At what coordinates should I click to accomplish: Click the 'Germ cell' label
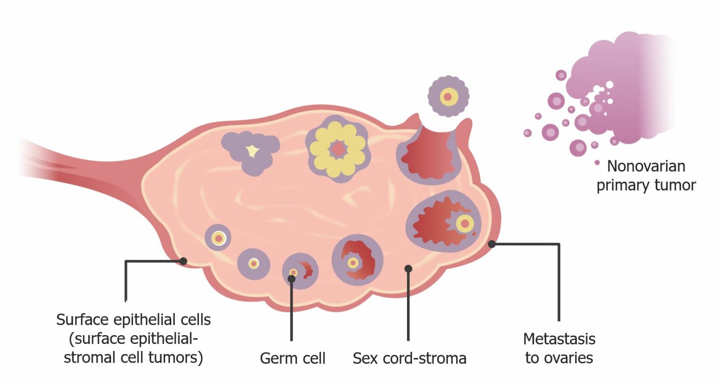pyautogui.click(x=292, y=358)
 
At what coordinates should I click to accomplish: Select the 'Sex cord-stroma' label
pyautogui.click(x=409, y=358)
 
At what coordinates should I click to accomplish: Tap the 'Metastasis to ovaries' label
pyautogui.click(x=559, y=348)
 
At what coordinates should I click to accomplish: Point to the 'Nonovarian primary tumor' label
pyautogui.click(x=646, y=176)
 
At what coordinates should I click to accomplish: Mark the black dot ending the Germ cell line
pyautogui.click(x=292, y=279)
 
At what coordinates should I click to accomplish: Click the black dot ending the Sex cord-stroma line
pyautogui.click(x=408, y=268)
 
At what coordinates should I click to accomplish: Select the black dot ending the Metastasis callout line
pyautogui.click(x=492, y=244)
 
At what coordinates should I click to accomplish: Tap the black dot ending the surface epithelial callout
pyautogui.click(x=183, y=261)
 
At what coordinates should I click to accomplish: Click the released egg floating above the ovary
pyautogui.click(x=448, y=97)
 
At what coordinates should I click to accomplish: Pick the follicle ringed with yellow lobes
pyautogui.click(x=338, y=150)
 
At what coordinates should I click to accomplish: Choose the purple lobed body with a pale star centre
pyautogui.click(x=251, y=152)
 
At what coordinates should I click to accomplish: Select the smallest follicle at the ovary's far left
pyautogui.click(x=218, y=238)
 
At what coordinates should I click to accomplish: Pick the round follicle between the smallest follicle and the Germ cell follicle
pyautogui.click(x=253, y=264)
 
